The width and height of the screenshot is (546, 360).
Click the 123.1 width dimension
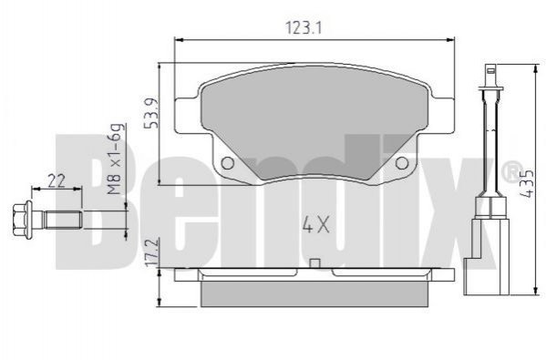click(303, 28)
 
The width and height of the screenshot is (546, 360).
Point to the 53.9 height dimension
click(151, 113)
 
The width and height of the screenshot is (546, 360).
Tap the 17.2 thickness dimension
click(152, 252)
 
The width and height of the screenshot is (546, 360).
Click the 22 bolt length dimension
click(57, 181)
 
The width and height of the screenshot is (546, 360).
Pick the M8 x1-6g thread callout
click(115, 159)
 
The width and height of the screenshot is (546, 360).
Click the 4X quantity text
click(315, 224)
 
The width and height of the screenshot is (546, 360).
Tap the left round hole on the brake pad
click(227, 162)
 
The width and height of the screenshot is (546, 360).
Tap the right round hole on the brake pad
click(401, 162)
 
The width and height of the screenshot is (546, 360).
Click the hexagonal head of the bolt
click(20, 220)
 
